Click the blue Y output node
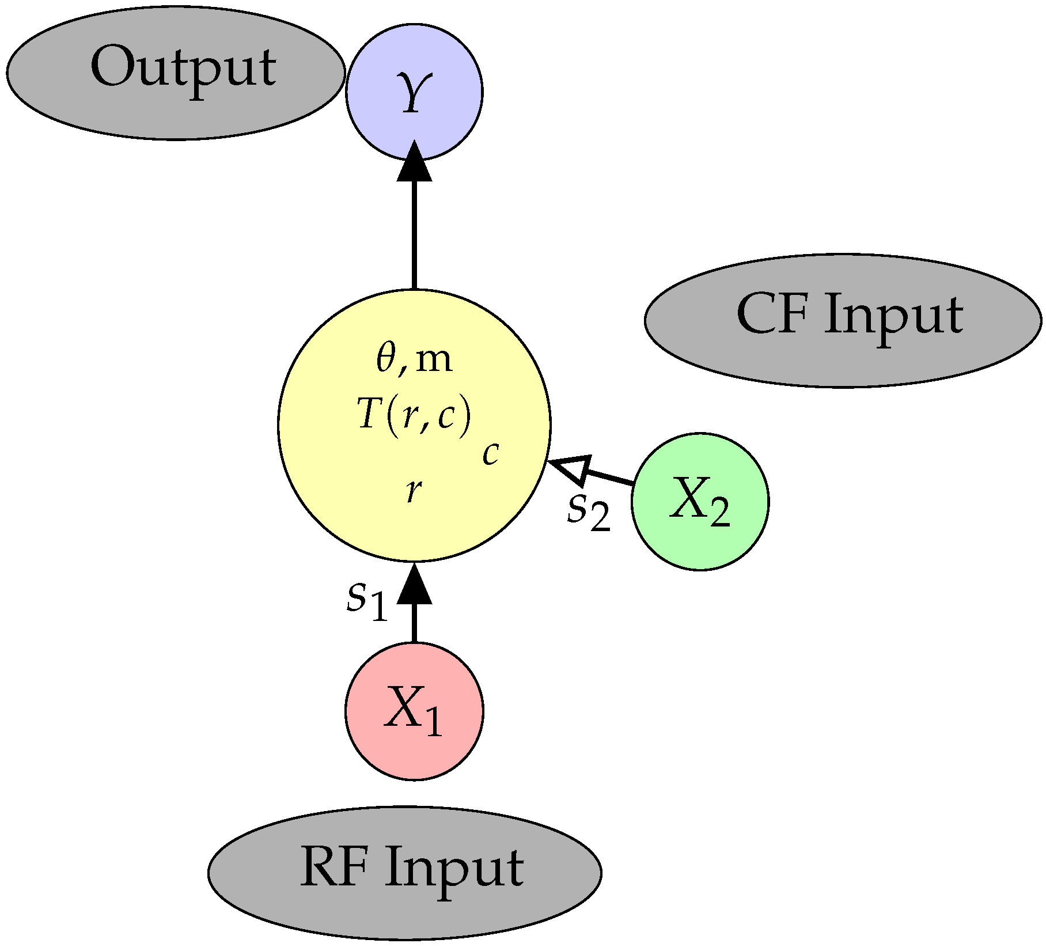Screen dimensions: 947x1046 tap(414, 92)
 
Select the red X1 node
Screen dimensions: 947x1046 tap(414, 712)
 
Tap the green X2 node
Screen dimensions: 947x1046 tap(700, 502)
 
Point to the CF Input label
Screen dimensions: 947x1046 tap(849, 316)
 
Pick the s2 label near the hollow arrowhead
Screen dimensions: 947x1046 tap(588, 512)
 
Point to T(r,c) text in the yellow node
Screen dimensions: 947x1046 tap(414, 415)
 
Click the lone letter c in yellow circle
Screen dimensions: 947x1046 tap(490, 454)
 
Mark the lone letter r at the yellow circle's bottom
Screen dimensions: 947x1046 tap(413, 491)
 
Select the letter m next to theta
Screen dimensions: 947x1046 tap(433, 361)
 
